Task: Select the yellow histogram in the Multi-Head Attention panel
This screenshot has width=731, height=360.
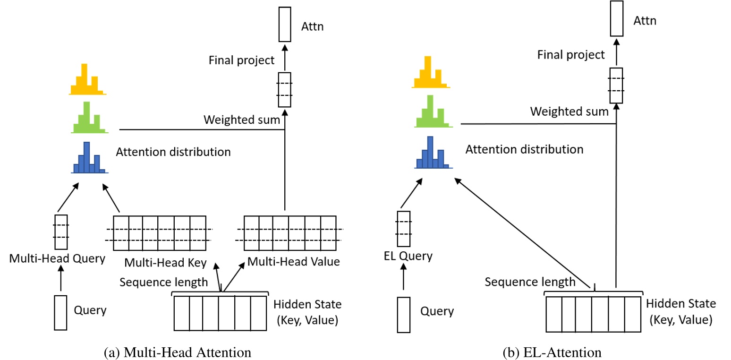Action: pos(87,80)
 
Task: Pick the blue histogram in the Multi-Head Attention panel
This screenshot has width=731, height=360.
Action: pos(89,158)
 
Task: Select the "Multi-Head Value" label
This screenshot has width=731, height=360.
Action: pos(294,261)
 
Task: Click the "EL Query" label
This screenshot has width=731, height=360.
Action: pos(408,256)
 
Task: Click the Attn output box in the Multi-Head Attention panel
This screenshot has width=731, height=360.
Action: pos(285,25)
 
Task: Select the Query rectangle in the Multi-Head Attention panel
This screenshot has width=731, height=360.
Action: pos(61,312)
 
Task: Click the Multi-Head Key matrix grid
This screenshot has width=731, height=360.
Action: pos(160,233)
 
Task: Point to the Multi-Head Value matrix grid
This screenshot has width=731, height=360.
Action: pos(289,233)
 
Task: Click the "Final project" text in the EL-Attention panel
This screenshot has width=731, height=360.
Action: pos(571,55)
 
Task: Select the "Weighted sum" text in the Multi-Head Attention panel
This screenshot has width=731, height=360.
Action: pos(242,120)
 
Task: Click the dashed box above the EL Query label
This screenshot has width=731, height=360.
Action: pos(403,229)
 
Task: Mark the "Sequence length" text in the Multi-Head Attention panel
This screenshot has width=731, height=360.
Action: pos(163,282)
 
